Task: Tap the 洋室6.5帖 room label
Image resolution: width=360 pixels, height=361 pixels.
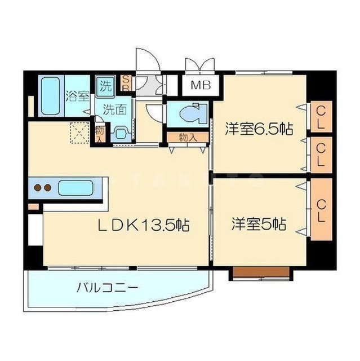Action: tap(259, 128)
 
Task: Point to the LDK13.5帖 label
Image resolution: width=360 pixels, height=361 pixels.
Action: tap(144, 225)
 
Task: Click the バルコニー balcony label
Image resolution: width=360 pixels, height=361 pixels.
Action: tap(107, 288)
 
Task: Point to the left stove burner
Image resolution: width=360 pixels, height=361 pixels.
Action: tap(38, 188)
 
